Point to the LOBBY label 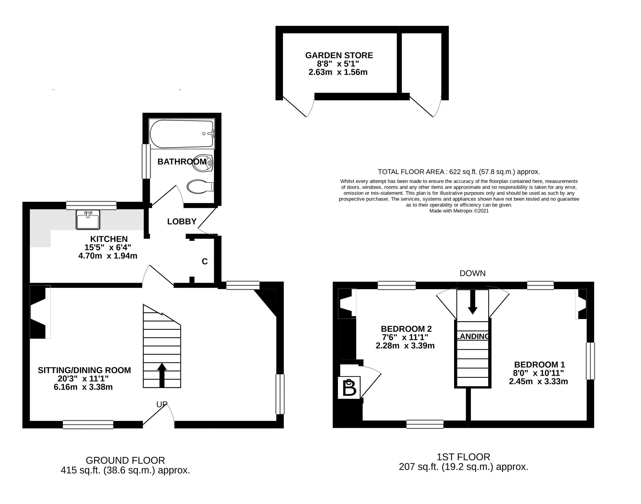pyautogui.click(x=182, y=222)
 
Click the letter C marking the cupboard pyautogui.click(x=205, y=262)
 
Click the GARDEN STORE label pyautogui.click(x=339, y=56)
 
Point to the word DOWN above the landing pyautogui.click(x=472, y=273)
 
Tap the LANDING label pyautogui.click(x=473, y=336)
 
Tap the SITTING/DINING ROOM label pyautogui.click(x=84, y=370)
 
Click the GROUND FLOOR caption pyautogui.click(x=125, y=460)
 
